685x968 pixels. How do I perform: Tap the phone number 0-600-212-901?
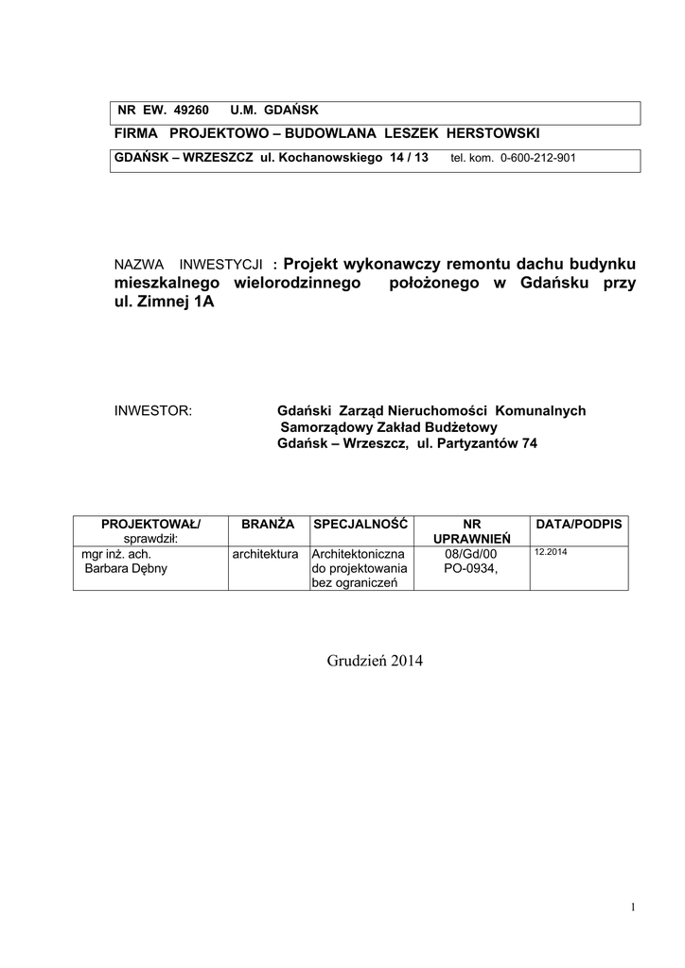point(536,159)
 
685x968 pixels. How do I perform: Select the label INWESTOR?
point(152,411)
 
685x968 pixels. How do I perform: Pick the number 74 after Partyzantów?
point(529,443)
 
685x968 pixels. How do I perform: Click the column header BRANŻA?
point(268,523)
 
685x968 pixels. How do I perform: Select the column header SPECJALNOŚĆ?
point(360,523)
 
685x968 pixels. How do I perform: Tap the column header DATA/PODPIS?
point(579,523)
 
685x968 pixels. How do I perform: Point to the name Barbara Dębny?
point(126,569)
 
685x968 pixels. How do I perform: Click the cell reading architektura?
point(266,554)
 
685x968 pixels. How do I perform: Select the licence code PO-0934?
point(470,569)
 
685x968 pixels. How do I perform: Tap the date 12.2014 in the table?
point(551,551)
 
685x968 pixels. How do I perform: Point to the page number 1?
point(632,908)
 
